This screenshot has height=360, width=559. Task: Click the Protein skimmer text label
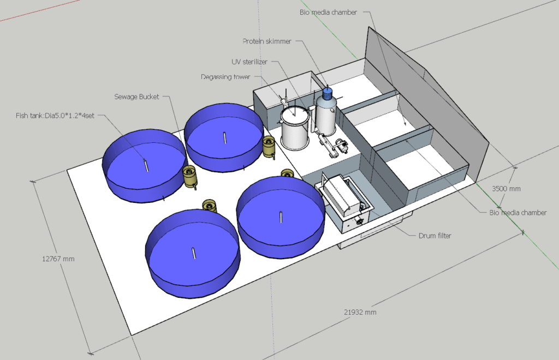[x=267, y=41]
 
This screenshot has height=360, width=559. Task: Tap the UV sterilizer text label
[x=249, y=62]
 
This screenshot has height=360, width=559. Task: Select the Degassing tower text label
[x=225, y=77]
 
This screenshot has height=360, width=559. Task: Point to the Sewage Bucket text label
[x=136, y=97]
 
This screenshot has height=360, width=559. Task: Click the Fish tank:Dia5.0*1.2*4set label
[x=55, y=116]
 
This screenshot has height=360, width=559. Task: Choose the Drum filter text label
[x=435, y=236]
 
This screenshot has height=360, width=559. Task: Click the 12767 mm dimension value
[x=58, y=259]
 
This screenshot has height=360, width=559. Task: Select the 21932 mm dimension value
[x=360, y=313]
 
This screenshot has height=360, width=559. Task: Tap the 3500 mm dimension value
[x=506, y=189]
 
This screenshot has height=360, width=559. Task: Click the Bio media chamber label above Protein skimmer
[x=328, y=13]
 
